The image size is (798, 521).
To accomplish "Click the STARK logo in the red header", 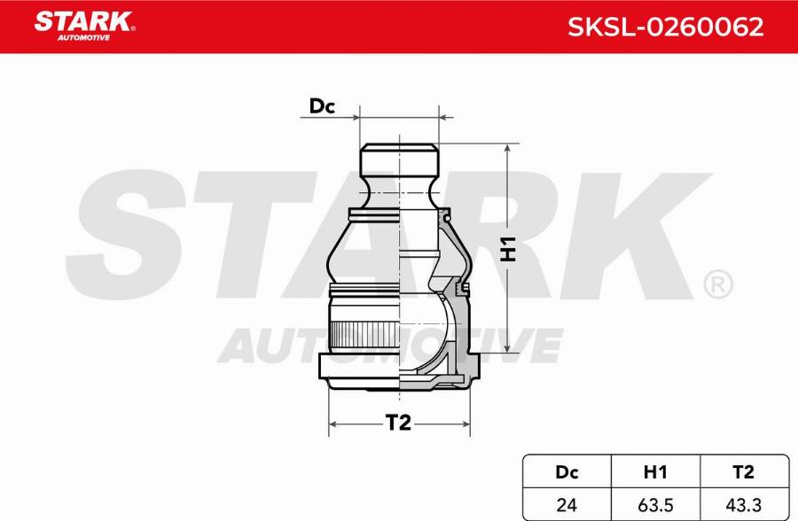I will click(x=83, y=21).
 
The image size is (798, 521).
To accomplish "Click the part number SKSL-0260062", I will click(x=665, y=27).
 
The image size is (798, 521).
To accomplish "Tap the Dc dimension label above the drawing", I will click(x=321, y=107).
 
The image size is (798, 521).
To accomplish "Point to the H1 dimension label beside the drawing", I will click(x=509, y=251).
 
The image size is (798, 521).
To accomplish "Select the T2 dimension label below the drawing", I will click(x=399, y=424).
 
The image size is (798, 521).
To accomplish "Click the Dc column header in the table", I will click(x=565, y=473).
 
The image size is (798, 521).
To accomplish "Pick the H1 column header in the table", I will click(x=655, y=473).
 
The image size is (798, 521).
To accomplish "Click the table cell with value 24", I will click(x=565, y=504).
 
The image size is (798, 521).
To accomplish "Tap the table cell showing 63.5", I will click(x=655, y=504).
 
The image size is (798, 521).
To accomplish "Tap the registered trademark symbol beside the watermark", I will click(x=716, y=284).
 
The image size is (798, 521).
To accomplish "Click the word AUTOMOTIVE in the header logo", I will click(x=83, y=39).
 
